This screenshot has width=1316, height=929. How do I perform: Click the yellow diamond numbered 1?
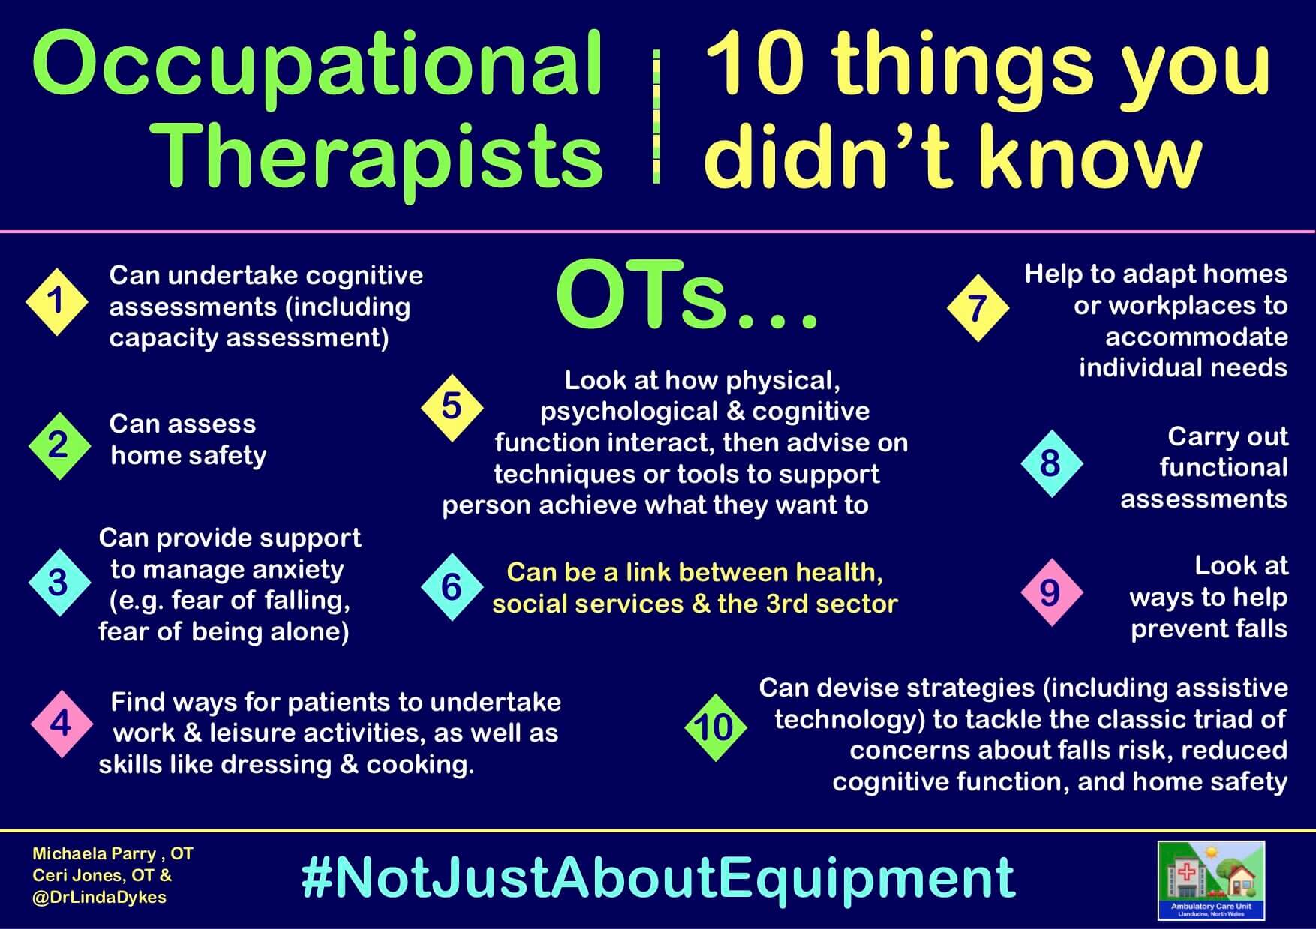tap(57, 301)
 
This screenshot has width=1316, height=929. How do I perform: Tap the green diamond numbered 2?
tap(59, 445)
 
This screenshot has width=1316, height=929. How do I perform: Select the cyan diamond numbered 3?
tap(59, 583)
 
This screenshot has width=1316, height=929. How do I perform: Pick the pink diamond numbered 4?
tap(62, 724)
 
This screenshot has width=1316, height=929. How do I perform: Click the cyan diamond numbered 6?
tap(452, 587)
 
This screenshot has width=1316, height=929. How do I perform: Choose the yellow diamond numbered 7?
tap(977, 308)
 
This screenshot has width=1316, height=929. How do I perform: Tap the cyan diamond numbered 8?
tap(1051, 463)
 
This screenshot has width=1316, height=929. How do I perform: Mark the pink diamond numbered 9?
tap(1051, 592)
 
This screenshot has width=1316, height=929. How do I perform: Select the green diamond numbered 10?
tap(715, 727)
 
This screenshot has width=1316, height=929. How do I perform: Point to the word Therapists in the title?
tap(380, 156)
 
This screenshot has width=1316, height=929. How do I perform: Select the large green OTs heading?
tap(687, 296)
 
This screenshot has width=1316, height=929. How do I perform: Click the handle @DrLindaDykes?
tap(99, 898)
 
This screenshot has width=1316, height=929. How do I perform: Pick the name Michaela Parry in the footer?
tap(94, 853)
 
